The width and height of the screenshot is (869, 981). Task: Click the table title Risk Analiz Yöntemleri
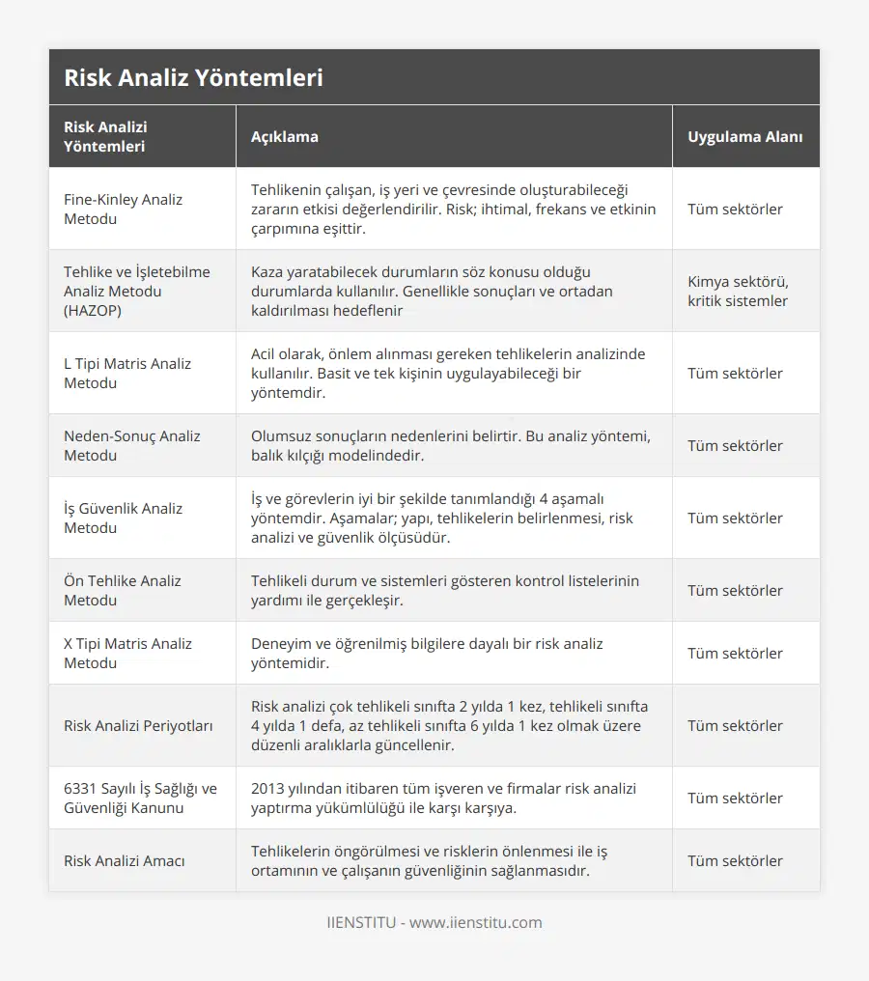click(193, 78)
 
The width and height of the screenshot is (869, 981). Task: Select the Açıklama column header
click(284, 136)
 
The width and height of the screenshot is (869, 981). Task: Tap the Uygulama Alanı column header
click(744, 136)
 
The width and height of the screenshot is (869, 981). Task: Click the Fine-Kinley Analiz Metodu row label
click(123, 209)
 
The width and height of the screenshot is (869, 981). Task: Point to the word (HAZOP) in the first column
click(93, 310)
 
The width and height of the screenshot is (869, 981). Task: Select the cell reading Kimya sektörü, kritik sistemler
click(737, 291)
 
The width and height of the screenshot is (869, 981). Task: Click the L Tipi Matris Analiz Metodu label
click(127, 373)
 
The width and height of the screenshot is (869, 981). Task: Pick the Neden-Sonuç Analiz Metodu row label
click(131, 445)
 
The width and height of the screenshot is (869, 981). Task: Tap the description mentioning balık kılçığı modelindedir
click(450, 445)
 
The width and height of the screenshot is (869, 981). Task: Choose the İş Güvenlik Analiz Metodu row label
click(123, 518)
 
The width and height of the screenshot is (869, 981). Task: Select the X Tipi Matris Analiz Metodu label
click(127, 653)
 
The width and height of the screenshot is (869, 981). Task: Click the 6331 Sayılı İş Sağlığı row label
click(140, 798)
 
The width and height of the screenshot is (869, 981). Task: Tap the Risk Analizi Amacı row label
click(125, 860)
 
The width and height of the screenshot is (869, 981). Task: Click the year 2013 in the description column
click(268, 788)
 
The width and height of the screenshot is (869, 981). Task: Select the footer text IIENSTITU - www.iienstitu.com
click(434, 922)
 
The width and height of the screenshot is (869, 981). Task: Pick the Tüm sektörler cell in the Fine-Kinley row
click(735, 209)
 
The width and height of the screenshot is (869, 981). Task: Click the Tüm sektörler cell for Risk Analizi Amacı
click(735, 860)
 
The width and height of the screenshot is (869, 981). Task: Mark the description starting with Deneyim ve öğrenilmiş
click(427, 653)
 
